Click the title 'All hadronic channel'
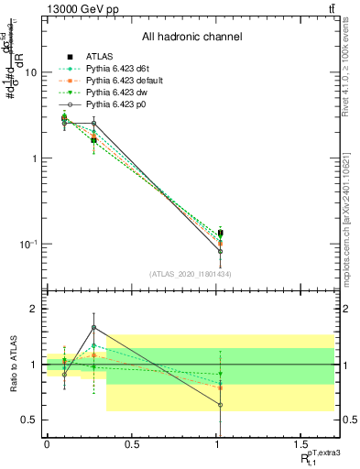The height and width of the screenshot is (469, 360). click(191, 37)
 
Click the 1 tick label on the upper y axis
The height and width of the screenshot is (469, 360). click(32, 158)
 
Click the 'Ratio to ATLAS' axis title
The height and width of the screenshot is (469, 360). click(12, 365)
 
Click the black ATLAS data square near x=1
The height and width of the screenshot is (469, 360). click(220, 234)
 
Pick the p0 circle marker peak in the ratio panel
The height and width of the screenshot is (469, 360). click(93, 328)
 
